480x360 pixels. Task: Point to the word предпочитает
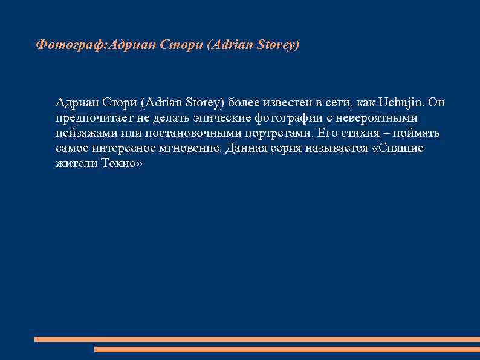pyautogui.click(x=92, y=118)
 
